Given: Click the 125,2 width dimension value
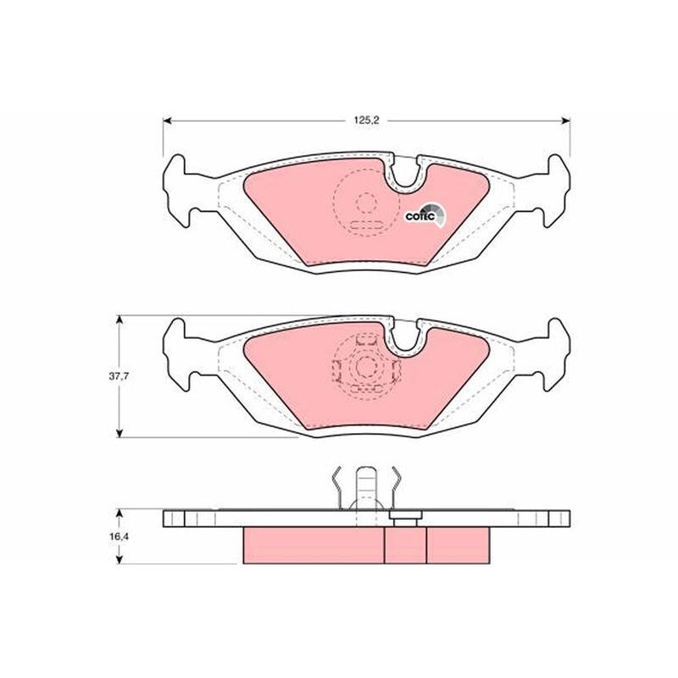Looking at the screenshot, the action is [366, 120].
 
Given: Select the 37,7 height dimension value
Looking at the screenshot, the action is [119, 376].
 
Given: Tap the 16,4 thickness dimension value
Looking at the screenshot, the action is [119, 536].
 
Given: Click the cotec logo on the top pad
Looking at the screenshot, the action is [425, 215].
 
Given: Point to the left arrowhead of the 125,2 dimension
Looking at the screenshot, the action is [168, 120].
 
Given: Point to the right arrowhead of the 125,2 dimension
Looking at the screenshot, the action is [565, 120].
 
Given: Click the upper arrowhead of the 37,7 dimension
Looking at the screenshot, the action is [120, 320].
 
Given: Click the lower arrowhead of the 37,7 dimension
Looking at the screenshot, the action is [120, 432].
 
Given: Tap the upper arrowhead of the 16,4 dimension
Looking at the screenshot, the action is [120, 514].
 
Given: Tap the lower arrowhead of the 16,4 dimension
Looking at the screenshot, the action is [120, 559].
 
